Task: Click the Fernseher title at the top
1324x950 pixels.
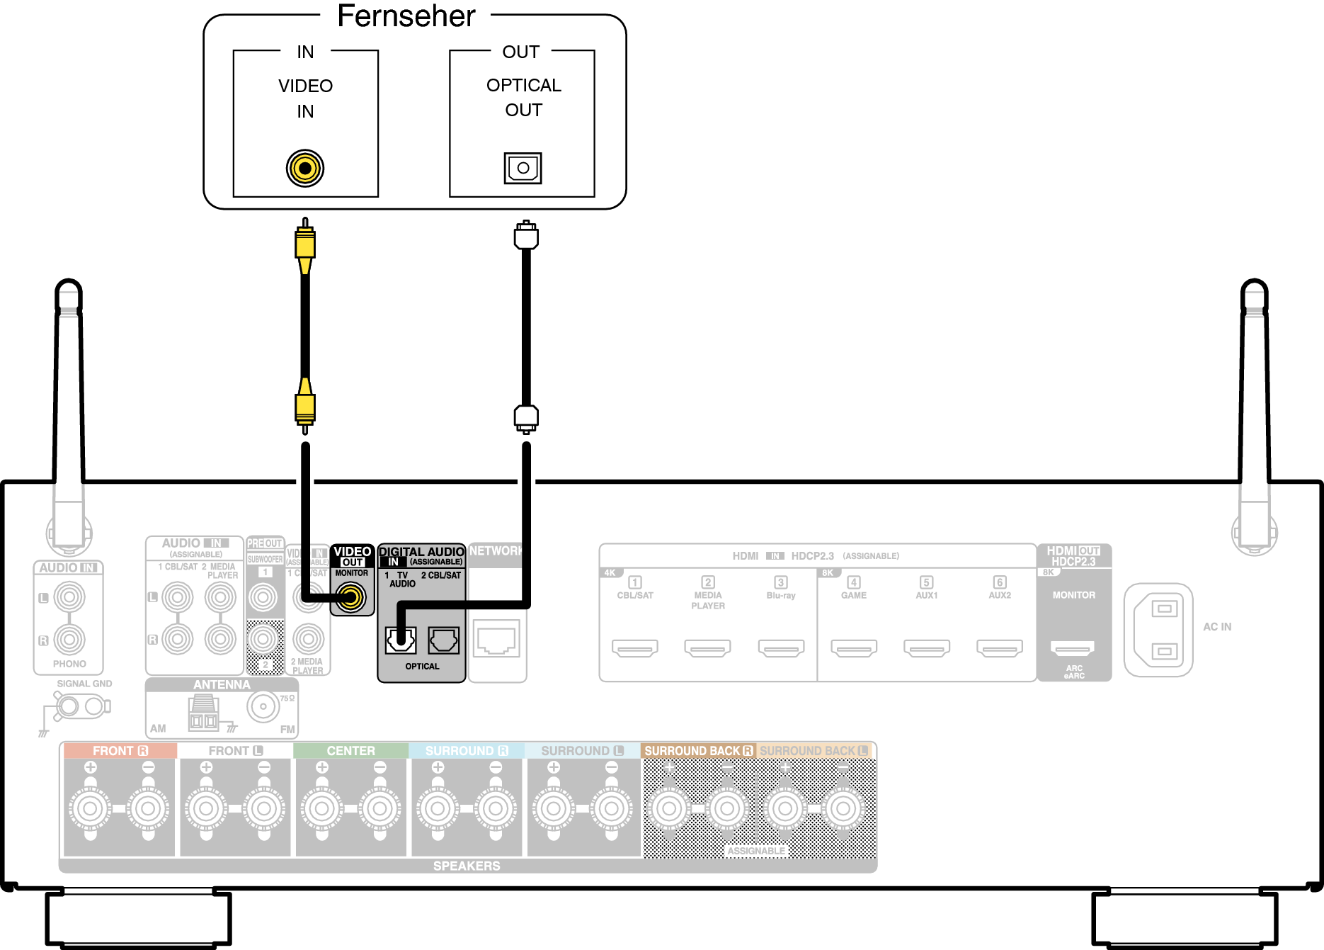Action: (x=406, y=16)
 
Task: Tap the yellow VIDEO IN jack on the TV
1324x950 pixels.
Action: (x=305, y=169)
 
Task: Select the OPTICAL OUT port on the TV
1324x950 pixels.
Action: (x=523, y=168)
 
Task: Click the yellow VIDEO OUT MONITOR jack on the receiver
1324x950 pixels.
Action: (x=350, y=597)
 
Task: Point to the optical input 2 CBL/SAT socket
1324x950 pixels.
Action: (x=443, y=640)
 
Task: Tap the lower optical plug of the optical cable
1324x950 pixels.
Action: (x=526, y=417)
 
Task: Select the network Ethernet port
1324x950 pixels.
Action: (x=497, y=641)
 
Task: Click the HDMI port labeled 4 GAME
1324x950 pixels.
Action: (x=854, y=648)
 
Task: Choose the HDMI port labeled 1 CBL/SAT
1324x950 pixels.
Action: (x=635, y=648)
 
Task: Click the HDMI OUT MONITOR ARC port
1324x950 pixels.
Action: (x=1073, y=648)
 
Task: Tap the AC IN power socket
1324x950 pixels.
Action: (x=1158, y=630)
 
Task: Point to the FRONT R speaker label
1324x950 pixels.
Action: (x=120, y=751)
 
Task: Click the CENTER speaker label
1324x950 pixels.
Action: (x=350, y=751)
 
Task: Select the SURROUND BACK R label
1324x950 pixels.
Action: (x=698, y=751)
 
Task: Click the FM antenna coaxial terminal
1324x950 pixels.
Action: (x=263, y=706)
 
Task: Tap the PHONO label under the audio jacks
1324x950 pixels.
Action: (x=69, y=665)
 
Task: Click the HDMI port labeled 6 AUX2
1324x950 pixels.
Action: (x=1000, y=648)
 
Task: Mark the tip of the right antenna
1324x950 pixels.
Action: (x=1254, y=283)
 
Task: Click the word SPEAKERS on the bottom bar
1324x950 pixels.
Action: (x=467, y=866)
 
